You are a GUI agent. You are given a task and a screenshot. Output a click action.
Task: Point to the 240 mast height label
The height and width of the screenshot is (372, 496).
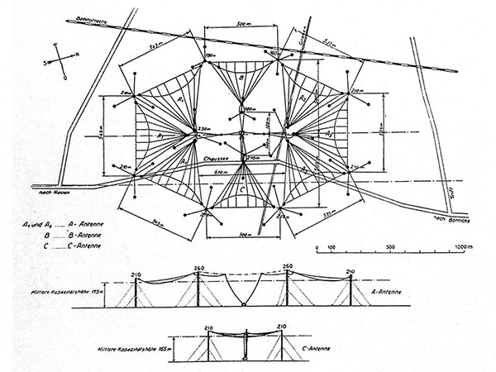pos(351,270)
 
